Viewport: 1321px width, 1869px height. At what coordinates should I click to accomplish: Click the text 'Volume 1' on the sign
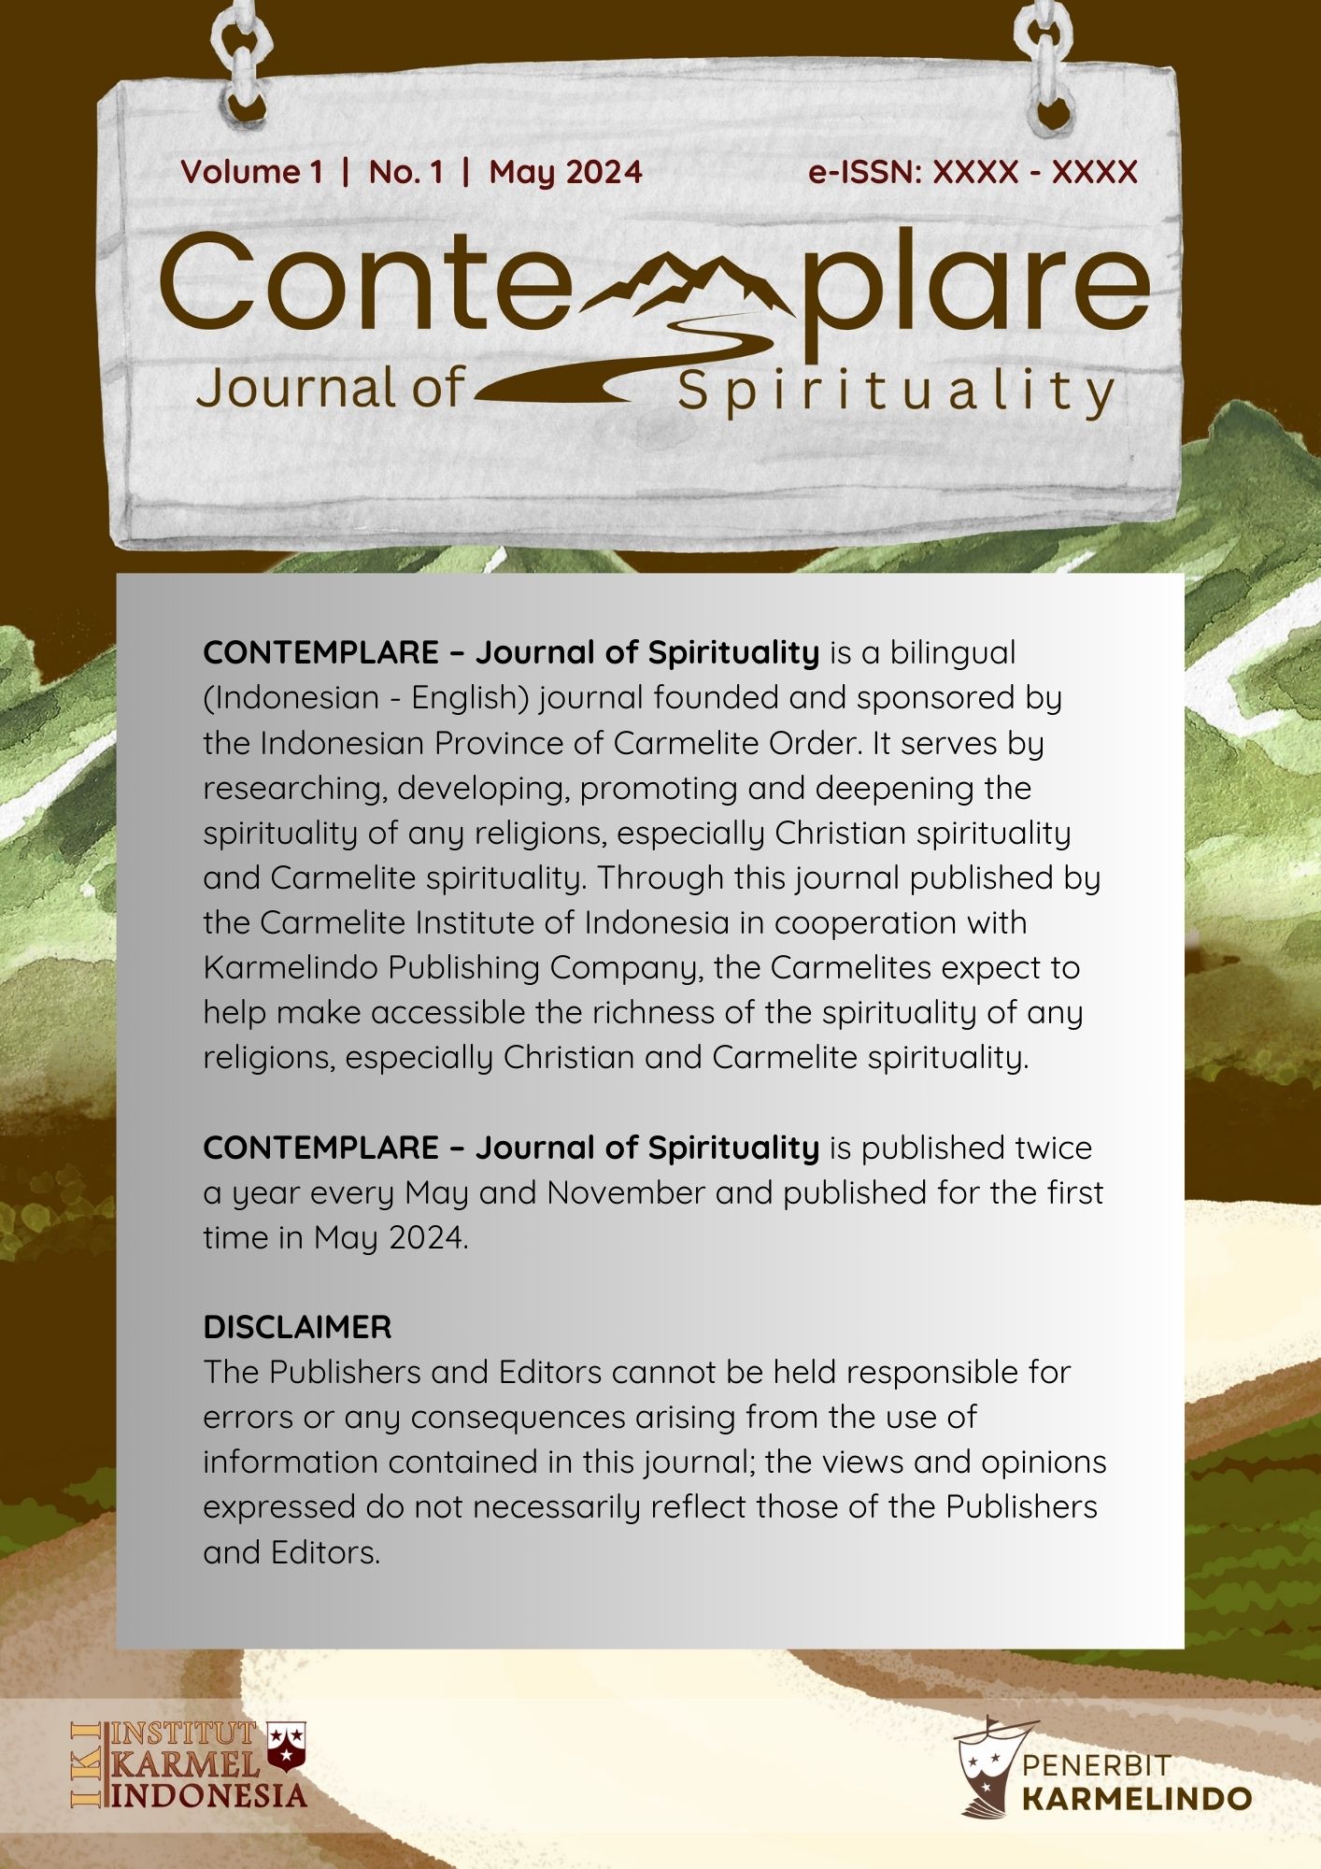pos(251,172)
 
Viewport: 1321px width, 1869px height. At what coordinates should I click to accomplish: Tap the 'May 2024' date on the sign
pos(565,172)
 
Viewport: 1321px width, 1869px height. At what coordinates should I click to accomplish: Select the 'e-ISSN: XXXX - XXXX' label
pos(973,172)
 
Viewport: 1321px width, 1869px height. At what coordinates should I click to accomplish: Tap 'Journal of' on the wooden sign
pos(329,388)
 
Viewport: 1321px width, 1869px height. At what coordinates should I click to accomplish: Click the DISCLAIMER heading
pos(297,1327)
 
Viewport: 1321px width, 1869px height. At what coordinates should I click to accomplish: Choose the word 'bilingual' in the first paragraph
pos(952,652)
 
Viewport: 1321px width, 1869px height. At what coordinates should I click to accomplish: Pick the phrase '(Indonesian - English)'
pos(361,698)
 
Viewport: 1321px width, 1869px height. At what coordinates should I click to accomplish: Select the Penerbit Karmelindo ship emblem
pos(987,1764)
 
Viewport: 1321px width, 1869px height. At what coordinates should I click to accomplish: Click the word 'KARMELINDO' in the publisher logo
pos(1136,1799)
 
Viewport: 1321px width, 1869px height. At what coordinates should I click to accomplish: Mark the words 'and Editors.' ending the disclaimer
pos(291,1553)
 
